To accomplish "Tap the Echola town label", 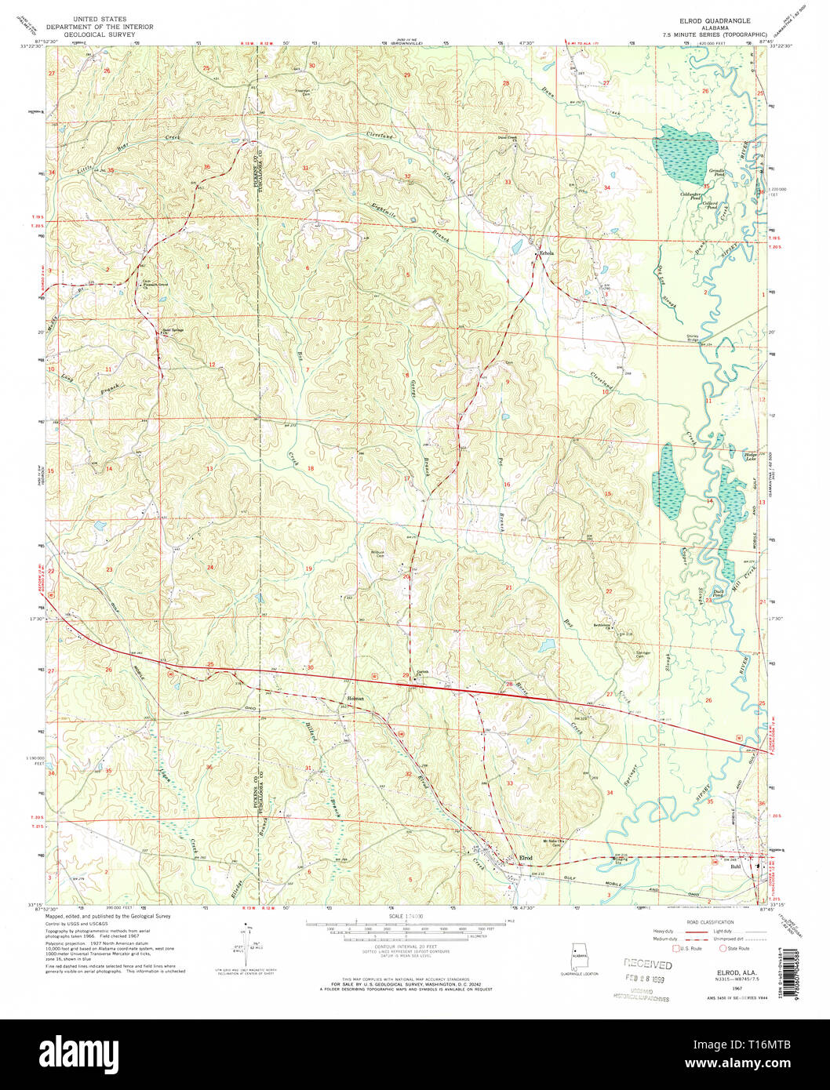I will pyautogui.click(x=545, y=253).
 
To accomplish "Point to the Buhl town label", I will pyautogui.click(x=735, y=867).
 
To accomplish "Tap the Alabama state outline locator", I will pyautogui.click(x=578, y=957).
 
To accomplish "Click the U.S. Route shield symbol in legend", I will pyautogui.click(x=663, y=948).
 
